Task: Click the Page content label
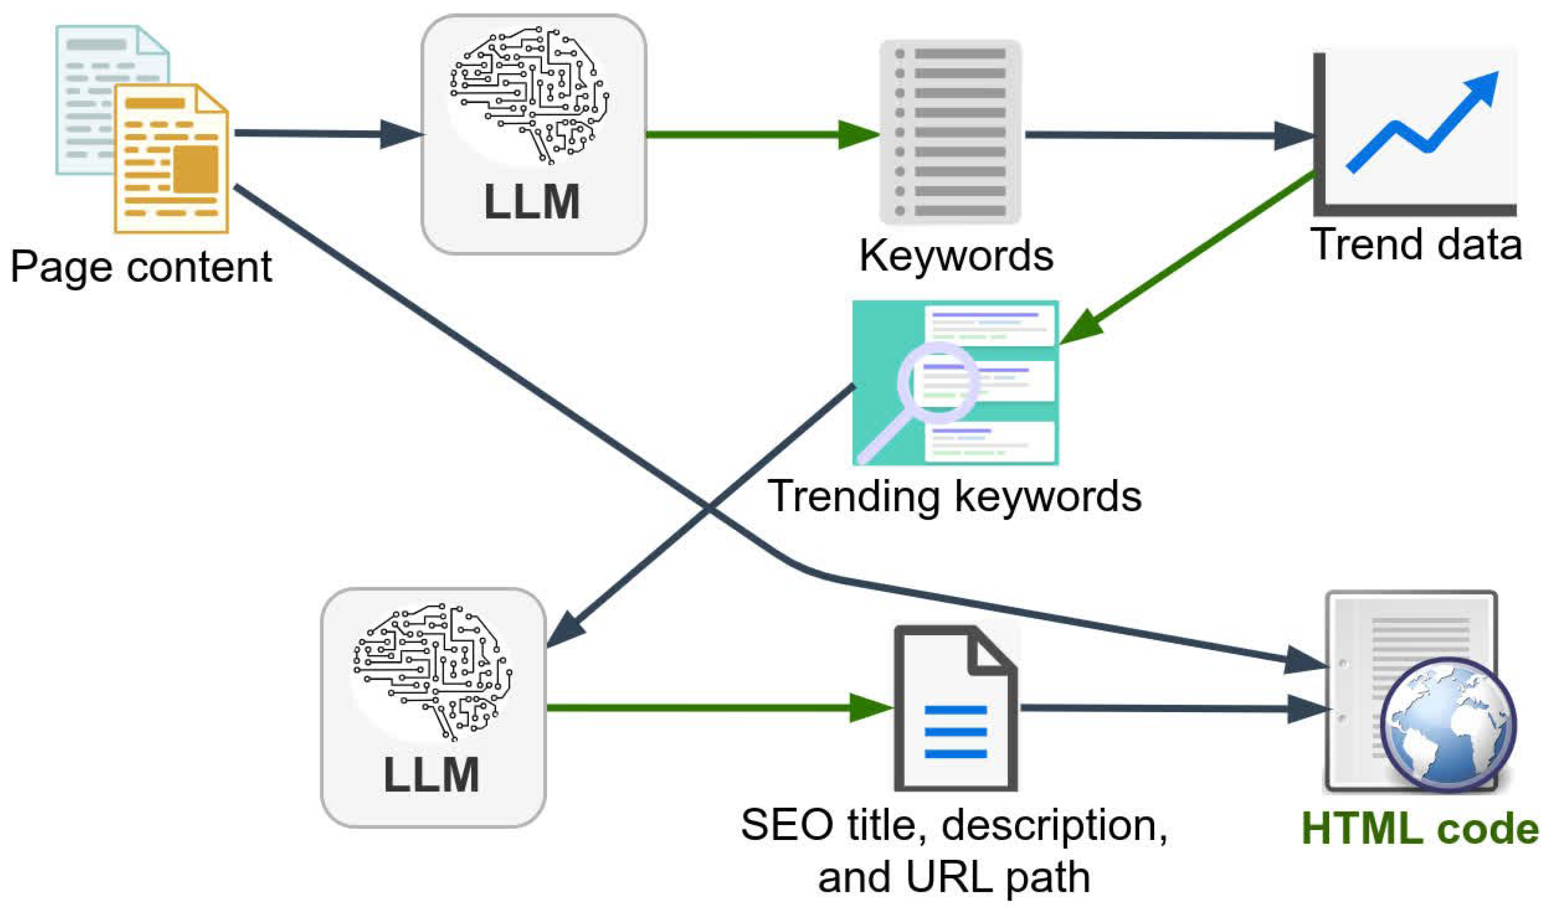[x=141, y=267]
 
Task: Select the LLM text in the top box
[x=532, y=203]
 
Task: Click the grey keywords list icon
[x=950, y=132]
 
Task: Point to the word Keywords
[x=956, y=256]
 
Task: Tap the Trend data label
[x=1416, y=244]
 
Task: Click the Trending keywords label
[x=955, y=497]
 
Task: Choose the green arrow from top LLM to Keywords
[x=761, y=134]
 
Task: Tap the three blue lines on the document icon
[x=955, y=732]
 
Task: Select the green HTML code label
[x=1420, y=829]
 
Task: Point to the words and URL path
[x=954, y=878]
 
